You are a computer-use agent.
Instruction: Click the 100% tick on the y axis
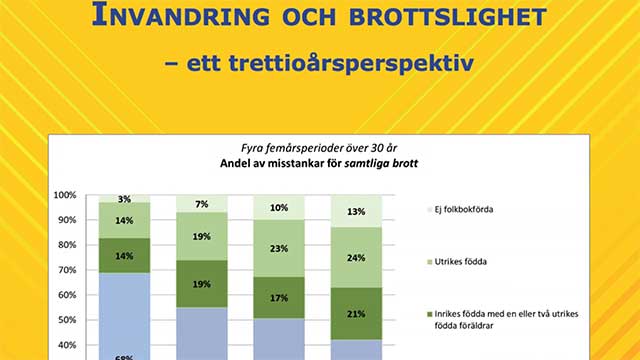(x=65, y=195)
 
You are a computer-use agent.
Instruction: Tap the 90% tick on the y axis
(x=67, y=220)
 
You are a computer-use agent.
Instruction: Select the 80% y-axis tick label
(x=67, y=245)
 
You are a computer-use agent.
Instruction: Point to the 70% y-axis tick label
(x=67, y=270)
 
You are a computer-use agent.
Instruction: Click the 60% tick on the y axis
(x=67, y=295)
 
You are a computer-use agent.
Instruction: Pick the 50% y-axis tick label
(x=67, y=320)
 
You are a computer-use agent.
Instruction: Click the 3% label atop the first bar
(x=124, y=199)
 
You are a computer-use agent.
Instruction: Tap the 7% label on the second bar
(x=201, y=204)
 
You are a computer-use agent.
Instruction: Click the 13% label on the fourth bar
(x=356, y=211)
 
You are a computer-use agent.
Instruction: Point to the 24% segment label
(x=356, y=257)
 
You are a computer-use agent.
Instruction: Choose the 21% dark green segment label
(x=356, y=314)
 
